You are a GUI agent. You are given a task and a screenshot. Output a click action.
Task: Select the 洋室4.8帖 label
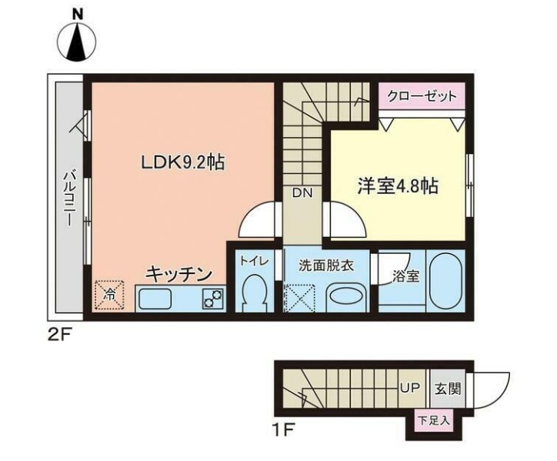click(398, 185)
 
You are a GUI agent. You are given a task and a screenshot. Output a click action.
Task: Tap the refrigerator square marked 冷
click(110, 293)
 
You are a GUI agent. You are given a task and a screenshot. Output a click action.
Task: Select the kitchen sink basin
click(157, 299)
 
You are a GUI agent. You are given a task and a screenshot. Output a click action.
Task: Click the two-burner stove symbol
click(212, 299)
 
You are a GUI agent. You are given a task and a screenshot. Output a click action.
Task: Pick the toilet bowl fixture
click(253, 293)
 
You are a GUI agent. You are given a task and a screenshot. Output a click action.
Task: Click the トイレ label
click(253, 261)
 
